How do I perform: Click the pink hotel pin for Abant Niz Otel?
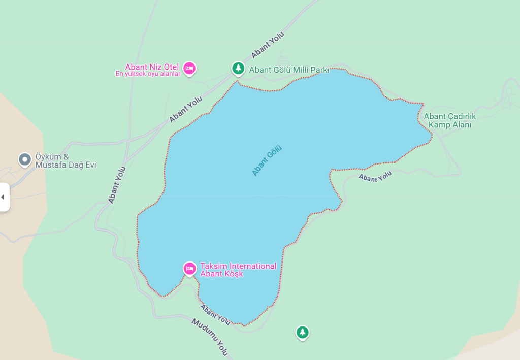tap(189, 68)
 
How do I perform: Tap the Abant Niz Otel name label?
tap(153, 67)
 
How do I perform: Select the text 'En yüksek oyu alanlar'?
tap(148, 74)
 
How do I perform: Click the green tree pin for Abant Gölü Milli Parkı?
tap(238, 68)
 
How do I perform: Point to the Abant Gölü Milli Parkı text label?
tap(289, 70)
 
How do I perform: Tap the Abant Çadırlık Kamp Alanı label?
tap(449, 121)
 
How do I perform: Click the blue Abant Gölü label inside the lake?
tap(267, 160)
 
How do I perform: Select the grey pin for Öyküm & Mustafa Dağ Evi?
tap(24, 160)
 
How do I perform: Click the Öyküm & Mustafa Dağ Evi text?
tap(66, 161)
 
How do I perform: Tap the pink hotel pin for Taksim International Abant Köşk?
tap(189, 268)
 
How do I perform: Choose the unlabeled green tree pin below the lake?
tap(303, 333)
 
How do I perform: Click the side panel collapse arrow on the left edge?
tap(3, 197)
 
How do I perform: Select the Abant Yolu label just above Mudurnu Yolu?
tap(215, 314)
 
